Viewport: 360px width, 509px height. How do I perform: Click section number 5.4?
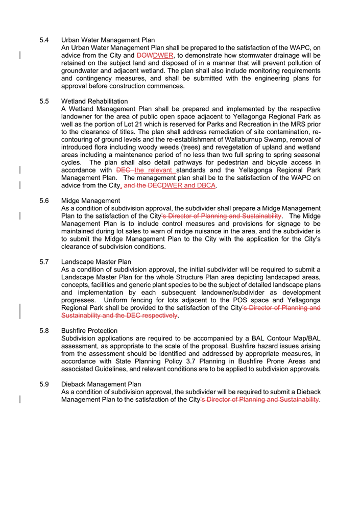44,40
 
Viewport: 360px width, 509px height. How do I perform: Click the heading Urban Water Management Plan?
108,40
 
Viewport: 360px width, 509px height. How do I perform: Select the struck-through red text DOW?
145,55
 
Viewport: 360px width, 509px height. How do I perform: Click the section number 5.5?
44,102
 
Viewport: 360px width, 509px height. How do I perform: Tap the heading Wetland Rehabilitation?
94,102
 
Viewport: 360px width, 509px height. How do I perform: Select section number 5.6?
44,201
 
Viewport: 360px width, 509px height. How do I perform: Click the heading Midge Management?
90,201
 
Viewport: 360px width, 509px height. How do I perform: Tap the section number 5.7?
44,262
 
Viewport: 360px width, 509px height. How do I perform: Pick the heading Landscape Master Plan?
96,262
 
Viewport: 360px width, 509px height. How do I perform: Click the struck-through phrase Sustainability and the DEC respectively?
119,316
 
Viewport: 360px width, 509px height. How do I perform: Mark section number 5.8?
44,331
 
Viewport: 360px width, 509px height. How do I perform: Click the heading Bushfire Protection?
89,331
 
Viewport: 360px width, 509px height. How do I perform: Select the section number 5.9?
44,384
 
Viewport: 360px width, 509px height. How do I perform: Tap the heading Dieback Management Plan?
101,384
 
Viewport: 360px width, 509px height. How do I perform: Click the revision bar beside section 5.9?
20,400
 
